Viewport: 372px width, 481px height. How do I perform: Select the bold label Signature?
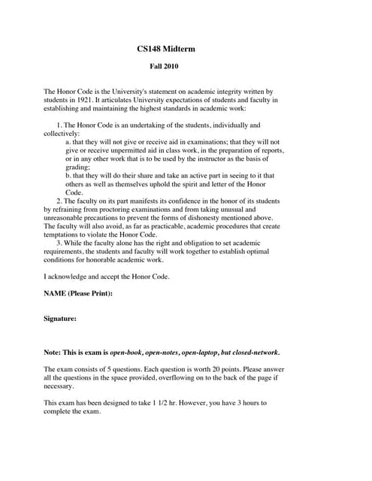point(60,318)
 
